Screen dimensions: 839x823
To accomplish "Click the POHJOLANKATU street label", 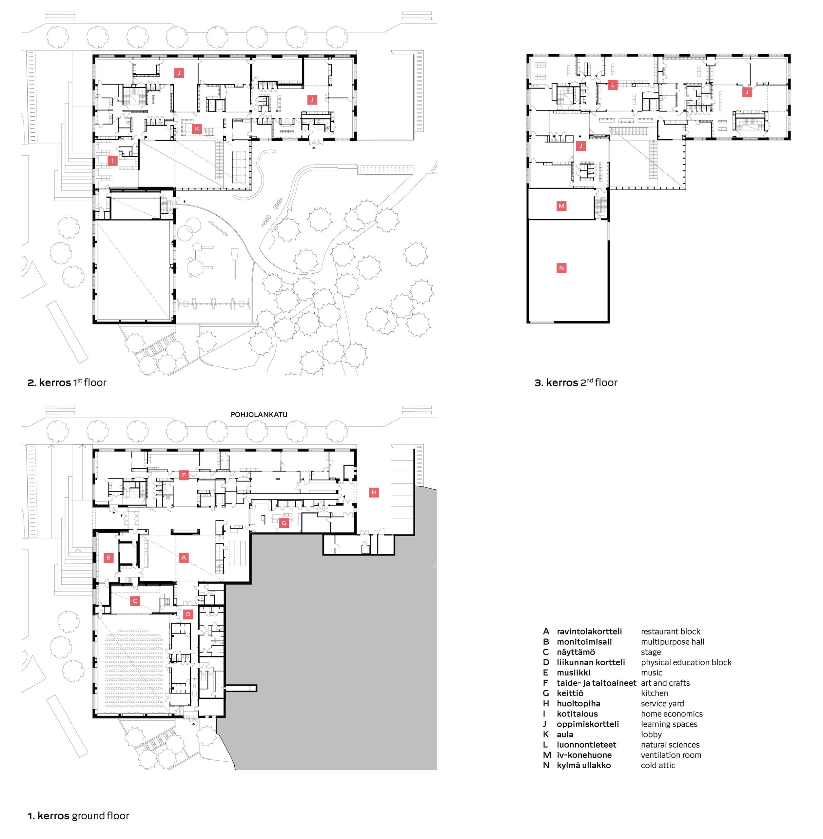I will [x=259, y=414].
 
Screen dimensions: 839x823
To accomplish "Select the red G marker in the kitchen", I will [x=284, y=523].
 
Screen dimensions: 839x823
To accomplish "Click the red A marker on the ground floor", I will [x=184, y=557].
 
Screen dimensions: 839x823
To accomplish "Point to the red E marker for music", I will [x=108, y=557].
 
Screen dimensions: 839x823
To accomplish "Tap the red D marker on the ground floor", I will [x=188, y=614].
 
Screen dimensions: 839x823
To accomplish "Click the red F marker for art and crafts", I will [x=184, y=475].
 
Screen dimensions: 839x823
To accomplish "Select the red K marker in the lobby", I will [x=197, y=128].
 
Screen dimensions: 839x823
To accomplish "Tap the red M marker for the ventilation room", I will [x=561, y=206].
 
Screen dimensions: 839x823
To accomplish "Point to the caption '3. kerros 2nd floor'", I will [x=576, y=382].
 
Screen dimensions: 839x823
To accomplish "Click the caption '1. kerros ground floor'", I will [x=79, y=816].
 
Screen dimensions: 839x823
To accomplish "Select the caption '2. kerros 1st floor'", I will [x=67, y=382].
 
